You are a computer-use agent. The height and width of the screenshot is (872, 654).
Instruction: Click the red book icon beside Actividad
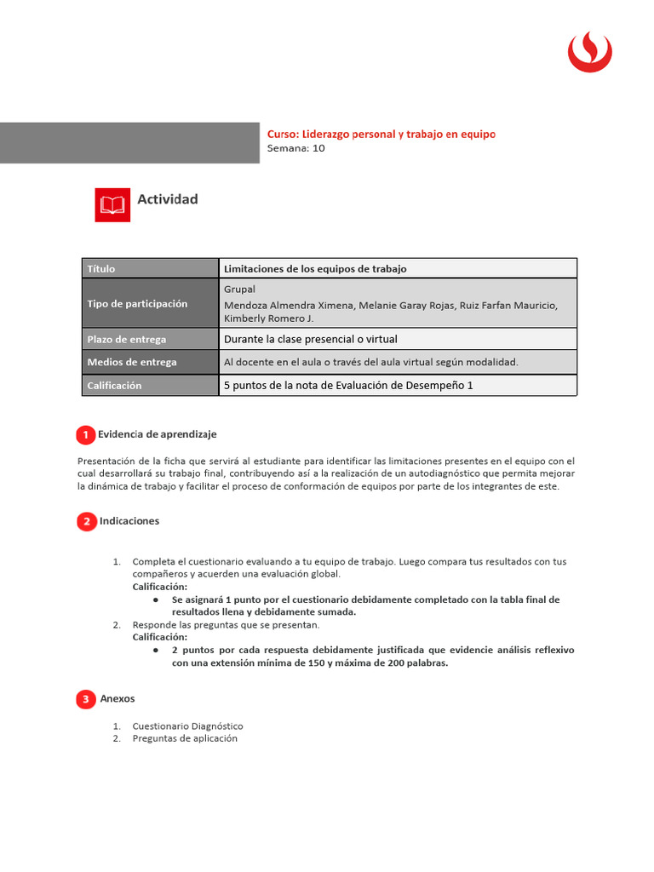pos(112,205)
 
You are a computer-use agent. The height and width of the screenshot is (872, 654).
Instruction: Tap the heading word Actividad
pos(168,199)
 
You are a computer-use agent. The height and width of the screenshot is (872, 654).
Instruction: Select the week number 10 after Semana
pos(318,148)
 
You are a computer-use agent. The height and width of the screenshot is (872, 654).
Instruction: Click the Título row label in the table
pos(100,269)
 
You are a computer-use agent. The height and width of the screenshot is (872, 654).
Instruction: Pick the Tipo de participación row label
pos(136,304)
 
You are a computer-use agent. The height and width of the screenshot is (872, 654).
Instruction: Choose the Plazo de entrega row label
pos(126,339)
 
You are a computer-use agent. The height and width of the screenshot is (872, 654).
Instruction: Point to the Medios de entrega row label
pos(131,362)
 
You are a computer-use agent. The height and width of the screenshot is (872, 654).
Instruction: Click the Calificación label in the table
pos(114,386)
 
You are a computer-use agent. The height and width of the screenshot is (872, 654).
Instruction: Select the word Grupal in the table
pos(239,290)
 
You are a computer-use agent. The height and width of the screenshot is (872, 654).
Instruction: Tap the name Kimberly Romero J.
pos(268,318)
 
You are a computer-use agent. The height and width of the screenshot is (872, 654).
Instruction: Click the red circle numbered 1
pos(85,435)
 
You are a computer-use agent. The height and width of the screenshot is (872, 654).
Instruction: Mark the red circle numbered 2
pos(86,522)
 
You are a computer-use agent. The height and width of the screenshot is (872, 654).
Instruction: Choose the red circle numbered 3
pos(85,700)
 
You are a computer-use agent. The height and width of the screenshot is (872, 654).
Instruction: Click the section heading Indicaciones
pos(129,521)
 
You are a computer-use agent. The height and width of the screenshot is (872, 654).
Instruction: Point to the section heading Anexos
pos(118,699)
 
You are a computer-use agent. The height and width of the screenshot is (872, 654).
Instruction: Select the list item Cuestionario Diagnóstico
pos(187,726)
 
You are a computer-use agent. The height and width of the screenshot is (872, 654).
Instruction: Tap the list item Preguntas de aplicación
pos(185,739)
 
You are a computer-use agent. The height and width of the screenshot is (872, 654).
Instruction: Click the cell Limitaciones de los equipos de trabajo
pos(315,269)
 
